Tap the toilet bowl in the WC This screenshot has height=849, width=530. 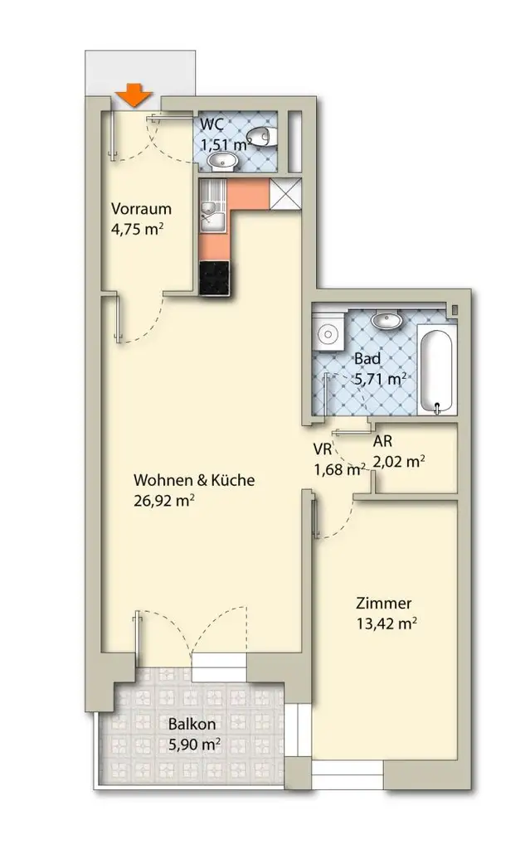point(262,137)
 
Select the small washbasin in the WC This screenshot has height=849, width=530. point(222,161)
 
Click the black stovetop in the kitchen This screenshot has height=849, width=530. point(215,279)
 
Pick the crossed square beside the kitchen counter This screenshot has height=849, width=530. point(285,193)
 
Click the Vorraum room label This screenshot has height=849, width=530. point(141,208)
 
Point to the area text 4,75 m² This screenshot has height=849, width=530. point(137,229)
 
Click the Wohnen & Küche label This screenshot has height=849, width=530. point(194,480)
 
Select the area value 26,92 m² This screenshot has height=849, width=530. point(164,500)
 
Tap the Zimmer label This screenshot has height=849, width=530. point(384,603)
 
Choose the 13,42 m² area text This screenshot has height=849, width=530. point(387,623)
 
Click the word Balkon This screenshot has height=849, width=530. point(192,724)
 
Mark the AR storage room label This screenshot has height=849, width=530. point(382,441)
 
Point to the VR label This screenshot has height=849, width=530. point(323,449)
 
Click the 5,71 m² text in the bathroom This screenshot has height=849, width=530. point(381,378)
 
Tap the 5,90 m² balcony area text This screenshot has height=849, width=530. point(195,745)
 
